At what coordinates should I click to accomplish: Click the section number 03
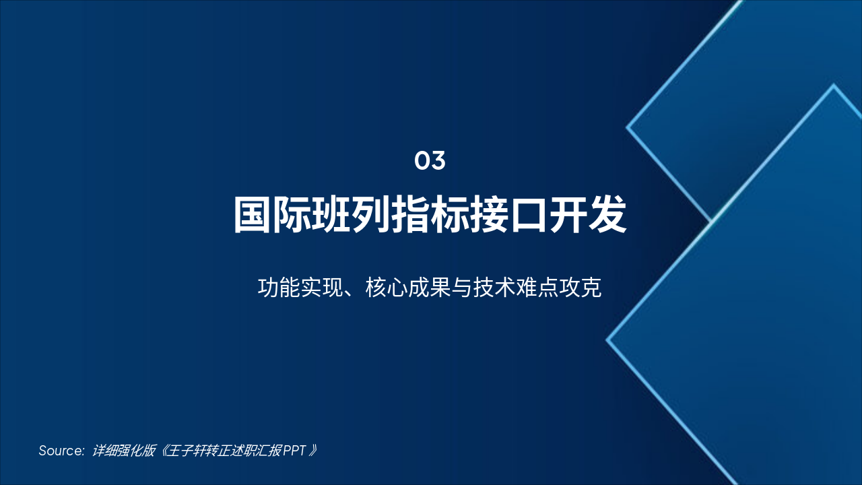coord(430,161)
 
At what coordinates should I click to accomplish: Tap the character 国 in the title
coord(253,215)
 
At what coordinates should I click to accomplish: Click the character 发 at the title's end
coord(607,215)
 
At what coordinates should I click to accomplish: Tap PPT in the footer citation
coord(294,451)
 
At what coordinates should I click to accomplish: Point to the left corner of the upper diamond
coord(628,127)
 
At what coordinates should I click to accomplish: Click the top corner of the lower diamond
coord(834,86)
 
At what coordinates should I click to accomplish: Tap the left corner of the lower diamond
coord(607,340)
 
